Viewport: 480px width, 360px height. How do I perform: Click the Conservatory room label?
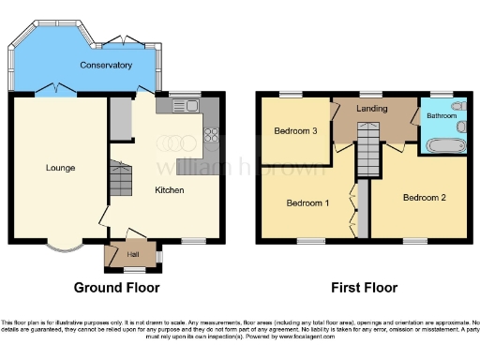point(105,66)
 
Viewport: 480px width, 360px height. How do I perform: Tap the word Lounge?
point(60,168)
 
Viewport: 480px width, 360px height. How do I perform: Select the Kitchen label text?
point(170,190)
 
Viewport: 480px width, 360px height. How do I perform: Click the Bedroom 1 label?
point(307,202)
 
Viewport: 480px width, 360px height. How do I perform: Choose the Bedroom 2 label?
point(423,198)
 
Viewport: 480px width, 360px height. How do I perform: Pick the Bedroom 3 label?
point(294,131)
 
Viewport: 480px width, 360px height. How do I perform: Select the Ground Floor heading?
point(116,288)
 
